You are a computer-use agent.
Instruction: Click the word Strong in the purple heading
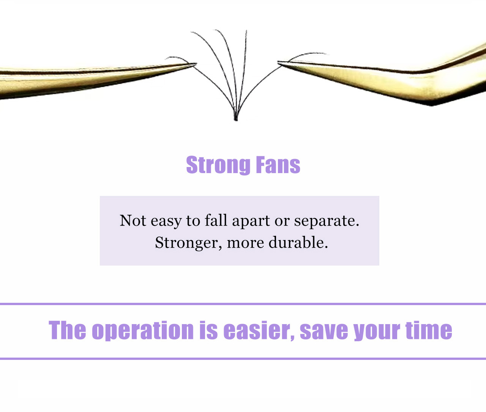(218, 165)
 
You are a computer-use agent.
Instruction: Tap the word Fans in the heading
(278, 165)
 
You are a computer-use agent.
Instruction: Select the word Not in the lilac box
(133, 221)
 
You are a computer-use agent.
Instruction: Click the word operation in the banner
(143, 331)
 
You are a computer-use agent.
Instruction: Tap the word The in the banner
(67, 330)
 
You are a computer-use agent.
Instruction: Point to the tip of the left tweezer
(196, 64)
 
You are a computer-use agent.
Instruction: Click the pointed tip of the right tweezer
(278, 62)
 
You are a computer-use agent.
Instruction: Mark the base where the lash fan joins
(236, 119)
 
